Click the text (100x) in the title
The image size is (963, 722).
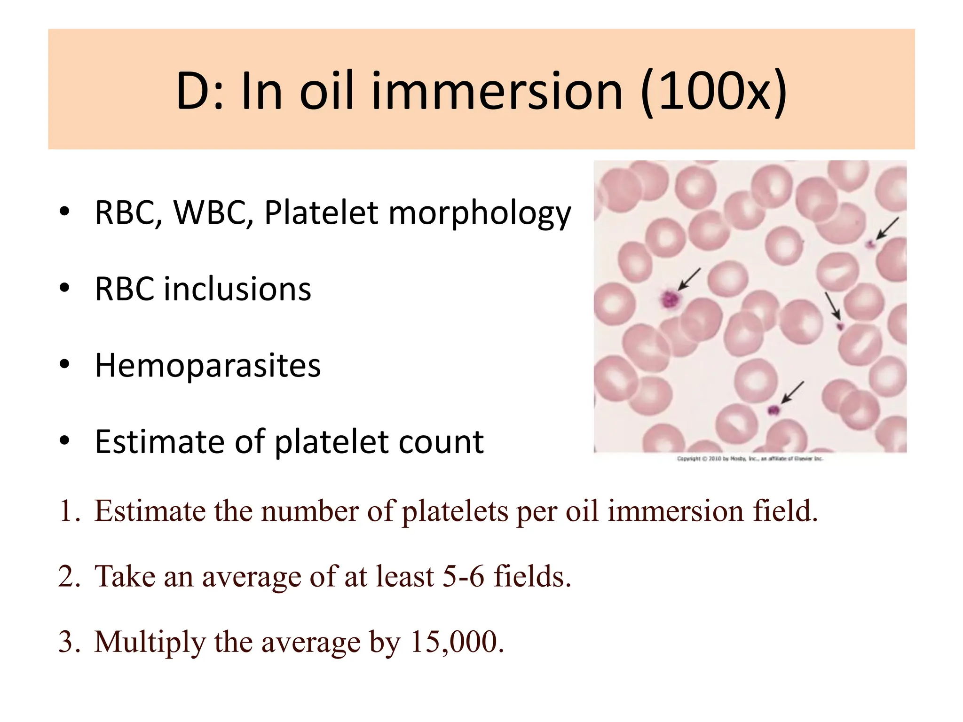pos(714,92)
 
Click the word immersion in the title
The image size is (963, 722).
pos(497,92)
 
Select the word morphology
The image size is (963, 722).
pos(480,214)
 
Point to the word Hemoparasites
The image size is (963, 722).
pos(207,366)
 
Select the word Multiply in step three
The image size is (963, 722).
pos(150,643)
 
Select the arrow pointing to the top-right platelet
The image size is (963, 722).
pos(887,229)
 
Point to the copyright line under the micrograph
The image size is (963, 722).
pos(750,459)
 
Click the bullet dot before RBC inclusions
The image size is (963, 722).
pos(64,288)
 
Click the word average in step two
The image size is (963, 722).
pos(252,577)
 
